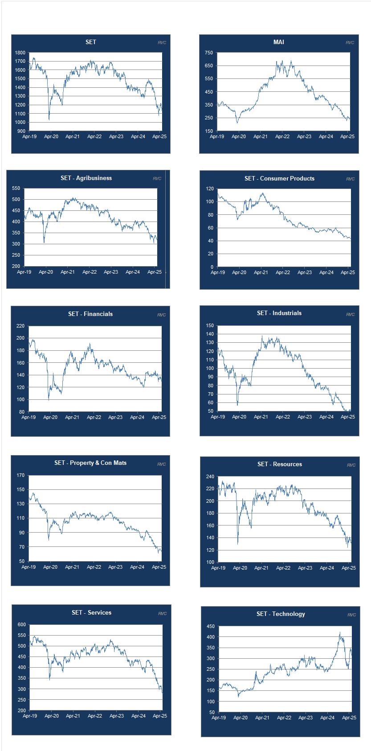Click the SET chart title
click(91, 42)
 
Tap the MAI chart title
click(279, 42)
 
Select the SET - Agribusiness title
click(86, 178)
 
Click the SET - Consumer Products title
click(279, 178)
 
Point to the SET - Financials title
click(90, 314)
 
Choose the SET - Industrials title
click(279, 313)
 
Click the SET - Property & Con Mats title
click(90, 463)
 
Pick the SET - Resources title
click(280, 464)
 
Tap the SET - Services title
click(91, 612)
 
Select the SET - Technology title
click(281, 614)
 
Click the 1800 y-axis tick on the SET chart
click(20, 53)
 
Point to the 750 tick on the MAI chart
click(209, 53)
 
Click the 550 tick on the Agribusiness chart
click(16, 189)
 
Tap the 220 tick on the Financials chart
click(20, 326)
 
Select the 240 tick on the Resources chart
click(210, 476)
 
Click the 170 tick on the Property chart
click(20, 475)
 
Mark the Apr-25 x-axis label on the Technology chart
click(349, 718)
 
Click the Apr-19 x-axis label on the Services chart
click(30, 716)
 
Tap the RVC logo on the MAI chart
click(350, 43)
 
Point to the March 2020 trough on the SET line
click(49, 119)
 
